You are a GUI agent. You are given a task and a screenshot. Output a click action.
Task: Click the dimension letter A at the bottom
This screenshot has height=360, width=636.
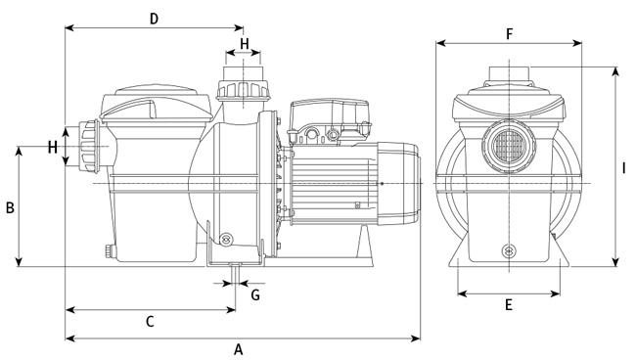point(239,349)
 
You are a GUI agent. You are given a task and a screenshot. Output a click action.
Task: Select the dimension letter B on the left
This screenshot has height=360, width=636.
point(10,207)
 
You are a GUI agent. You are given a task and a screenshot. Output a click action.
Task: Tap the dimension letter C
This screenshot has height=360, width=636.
point(150,322)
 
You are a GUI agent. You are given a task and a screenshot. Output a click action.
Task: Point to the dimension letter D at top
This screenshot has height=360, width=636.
point(154,19)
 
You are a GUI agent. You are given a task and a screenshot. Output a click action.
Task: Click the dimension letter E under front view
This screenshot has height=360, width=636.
point(509,304)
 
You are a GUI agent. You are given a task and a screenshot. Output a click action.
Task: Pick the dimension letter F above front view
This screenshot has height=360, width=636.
point(510,34)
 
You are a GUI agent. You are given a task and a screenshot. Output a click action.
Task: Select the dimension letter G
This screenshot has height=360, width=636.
point(255,295)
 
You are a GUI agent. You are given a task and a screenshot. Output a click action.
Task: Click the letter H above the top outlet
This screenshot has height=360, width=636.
point(245,44)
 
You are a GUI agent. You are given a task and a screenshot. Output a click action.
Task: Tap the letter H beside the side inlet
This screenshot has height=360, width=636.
point(52,147)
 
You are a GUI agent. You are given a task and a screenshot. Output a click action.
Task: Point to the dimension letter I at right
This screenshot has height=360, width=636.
point(624,168)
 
